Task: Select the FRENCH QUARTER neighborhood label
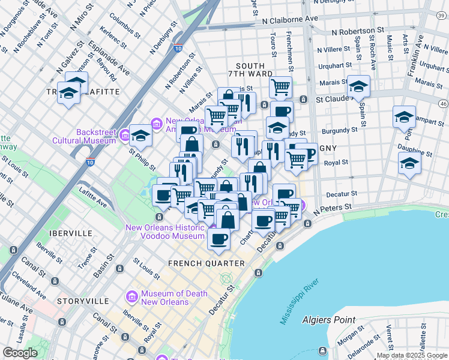[206, 263]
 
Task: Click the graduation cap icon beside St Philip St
[140, 136]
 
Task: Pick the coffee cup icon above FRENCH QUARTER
[218, 239]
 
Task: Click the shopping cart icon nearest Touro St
[280, 87]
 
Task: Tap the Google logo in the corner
[20, 352]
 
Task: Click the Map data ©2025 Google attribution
[412, 355]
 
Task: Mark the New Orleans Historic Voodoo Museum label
[165, 232]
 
